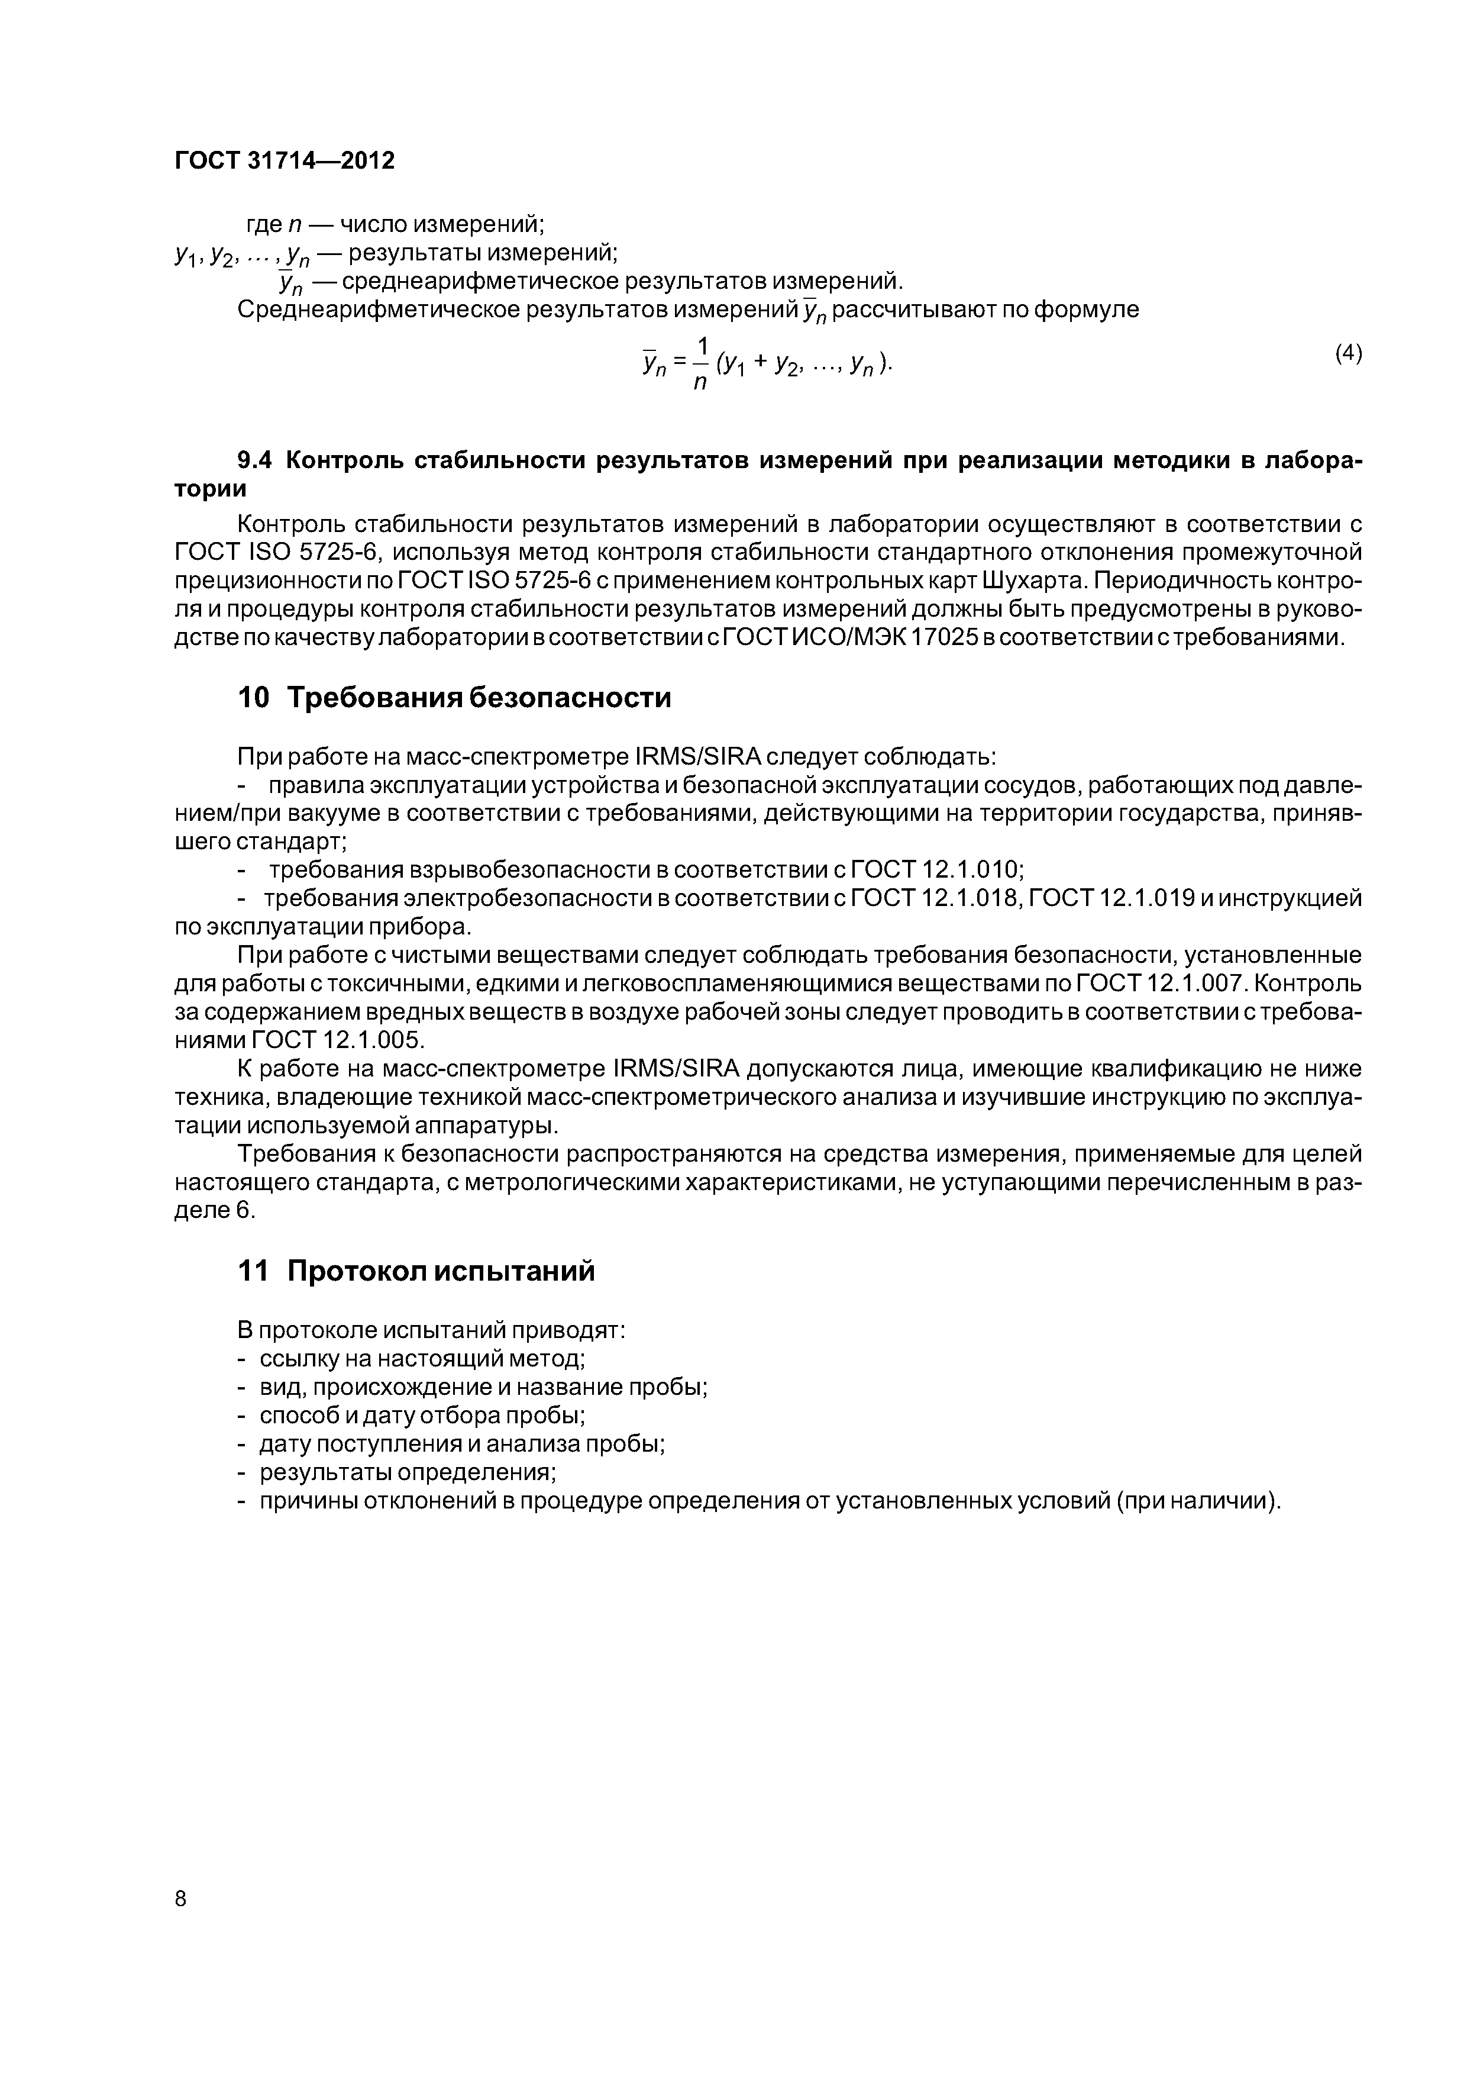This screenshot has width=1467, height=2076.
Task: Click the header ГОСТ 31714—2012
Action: [x=285, y=161]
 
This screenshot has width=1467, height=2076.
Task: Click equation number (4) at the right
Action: [x=1348, y=353]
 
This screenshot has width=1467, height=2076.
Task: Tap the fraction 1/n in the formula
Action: [x=700, y=363]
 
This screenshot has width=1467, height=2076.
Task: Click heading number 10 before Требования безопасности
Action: [x=253, y=698]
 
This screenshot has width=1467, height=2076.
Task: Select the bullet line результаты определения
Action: [x=407, y=1472]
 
